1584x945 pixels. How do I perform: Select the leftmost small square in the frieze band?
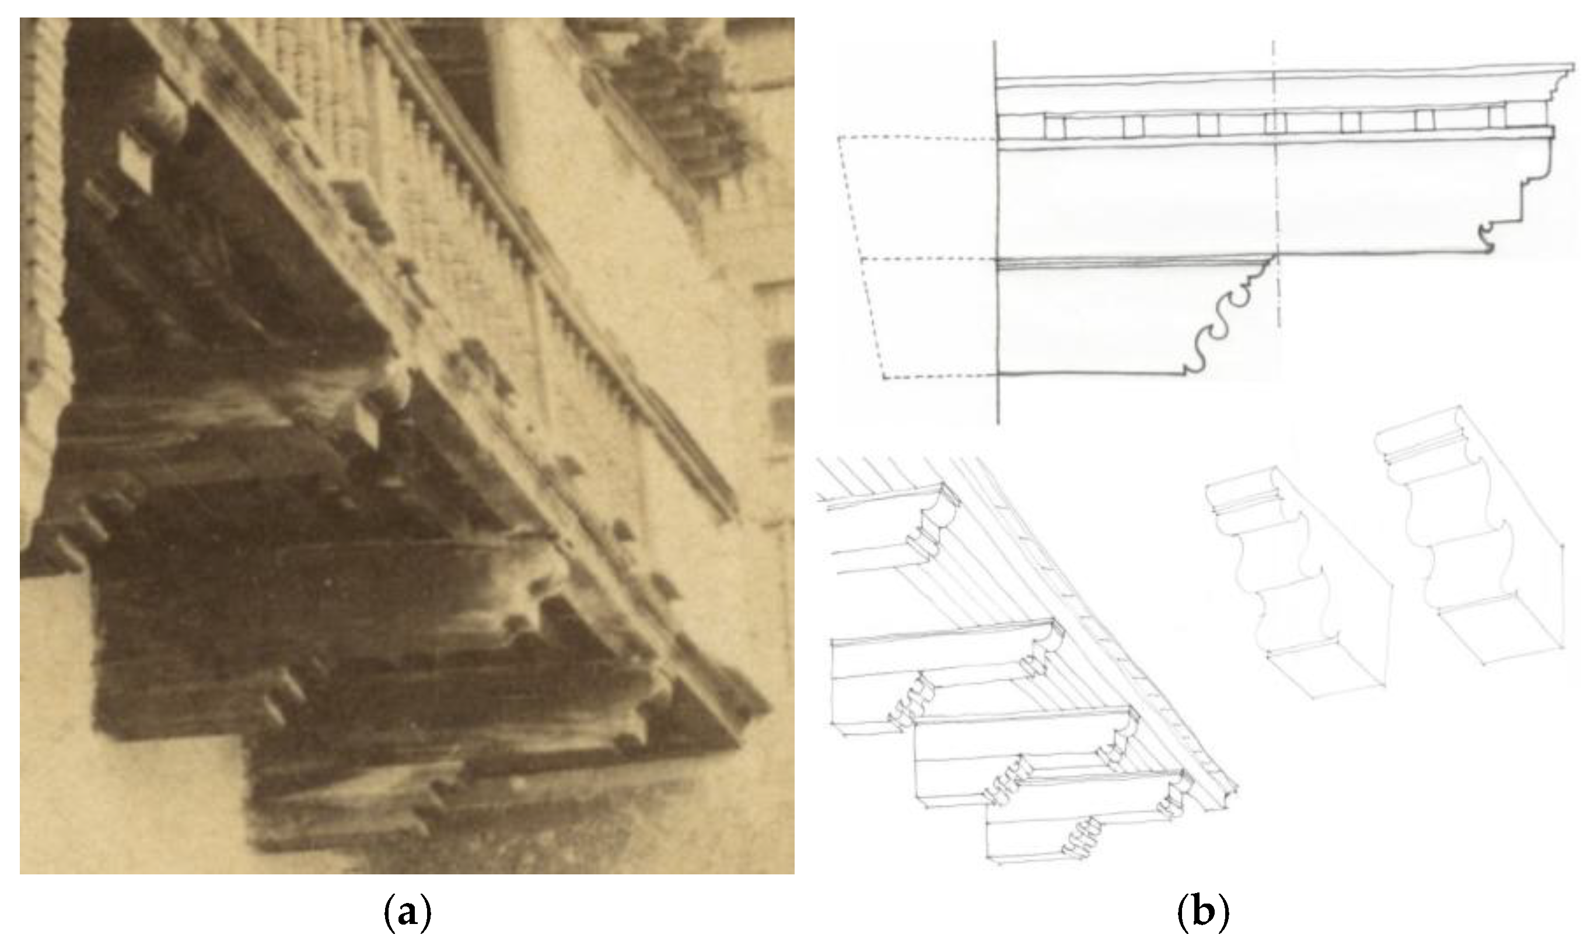point(1054,126)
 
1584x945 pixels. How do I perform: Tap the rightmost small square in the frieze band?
point(1497,117)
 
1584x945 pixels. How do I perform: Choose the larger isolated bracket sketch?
point(1470,535)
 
